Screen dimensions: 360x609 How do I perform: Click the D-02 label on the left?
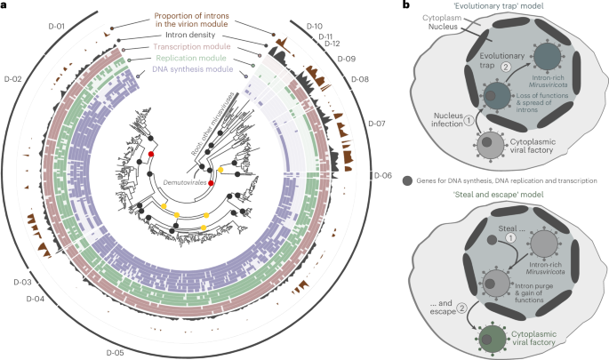[x=13, y=79]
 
